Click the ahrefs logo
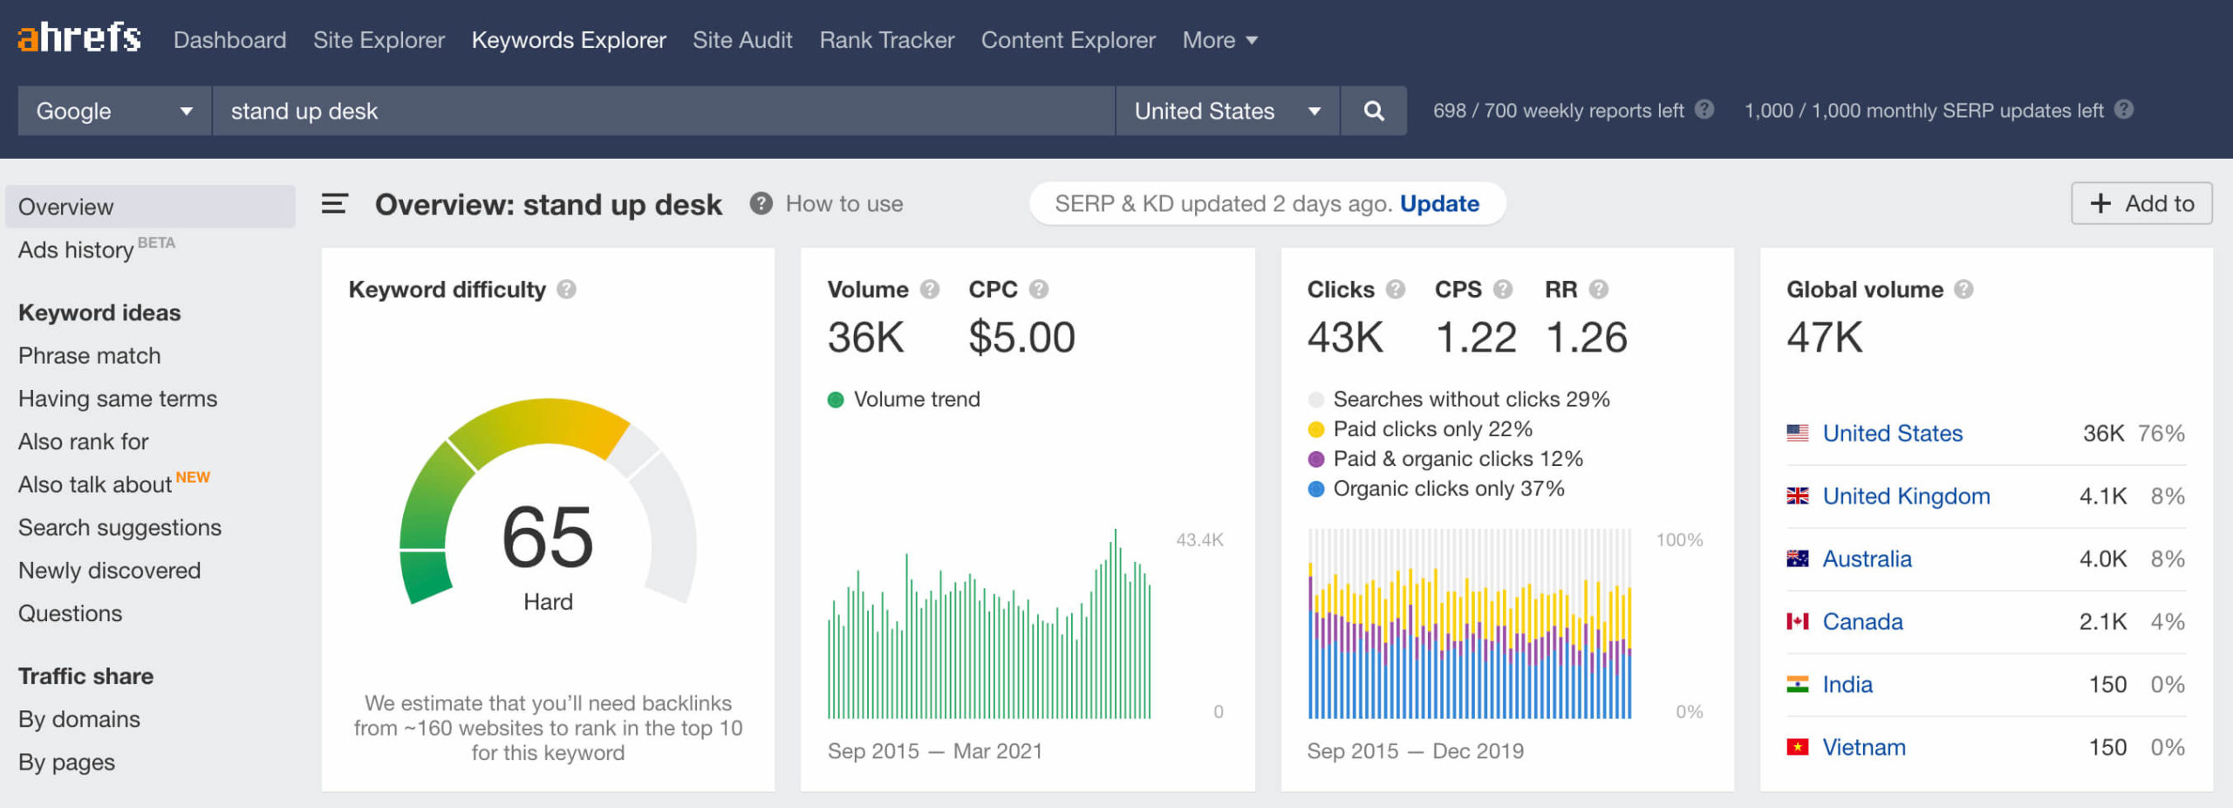coord(79,38)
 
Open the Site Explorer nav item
coord(379,40)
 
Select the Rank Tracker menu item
coord(886,40)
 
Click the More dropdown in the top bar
coord(1219,40)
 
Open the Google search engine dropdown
coord(113,111)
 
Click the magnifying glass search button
coord(1373,111)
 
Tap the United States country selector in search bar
coord(1226,111)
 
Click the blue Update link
coord(1439,203)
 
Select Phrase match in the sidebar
coord(90,356)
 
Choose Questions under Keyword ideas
coord(71,613)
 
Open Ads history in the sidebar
coord(77,250)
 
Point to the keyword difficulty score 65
coord(548,537)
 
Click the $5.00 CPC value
coord(1021,338)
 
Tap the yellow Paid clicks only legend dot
coord(1316,429)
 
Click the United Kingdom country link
coord(1906,496)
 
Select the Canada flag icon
coord(1797,621)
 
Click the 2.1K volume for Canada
coord(2102,622)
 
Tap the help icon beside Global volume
coord(1963,290)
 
